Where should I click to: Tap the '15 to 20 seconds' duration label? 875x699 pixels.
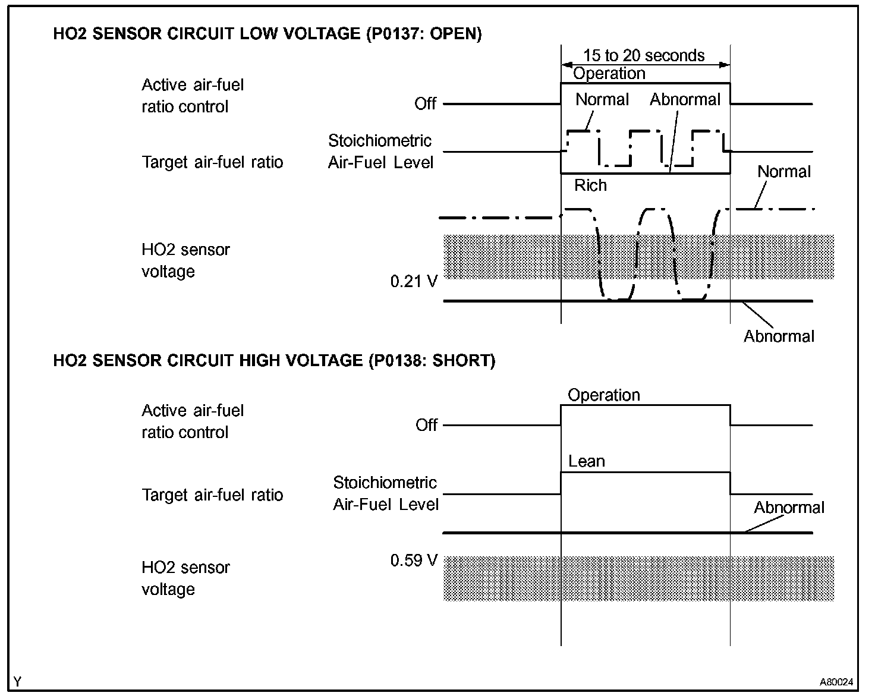644,56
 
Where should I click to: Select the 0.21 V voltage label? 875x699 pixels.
414,281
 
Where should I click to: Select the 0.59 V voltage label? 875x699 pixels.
414,561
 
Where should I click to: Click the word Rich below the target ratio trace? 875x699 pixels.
590,185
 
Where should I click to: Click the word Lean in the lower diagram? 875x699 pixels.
586,461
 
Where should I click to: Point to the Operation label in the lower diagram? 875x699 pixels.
603,395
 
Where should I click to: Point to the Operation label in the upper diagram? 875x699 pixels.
609,74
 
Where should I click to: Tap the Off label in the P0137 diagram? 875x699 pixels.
426,104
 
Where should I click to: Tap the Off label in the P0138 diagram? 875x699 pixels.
427,426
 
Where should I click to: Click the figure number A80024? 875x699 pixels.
836,682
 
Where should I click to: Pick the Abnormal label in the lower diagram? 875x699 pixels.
789,508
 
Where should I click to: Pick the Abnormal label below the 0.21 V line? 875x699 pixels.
779,336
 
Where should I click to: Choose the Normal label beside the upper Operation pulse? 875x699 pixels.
602,99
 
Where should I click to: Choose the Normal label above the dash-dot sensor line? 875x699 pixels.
783,172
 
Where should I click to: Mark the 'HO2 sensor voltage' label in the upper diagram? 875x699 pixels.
185,260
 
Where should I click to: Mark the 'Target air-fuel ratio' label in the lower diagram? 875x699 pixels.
212,495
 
